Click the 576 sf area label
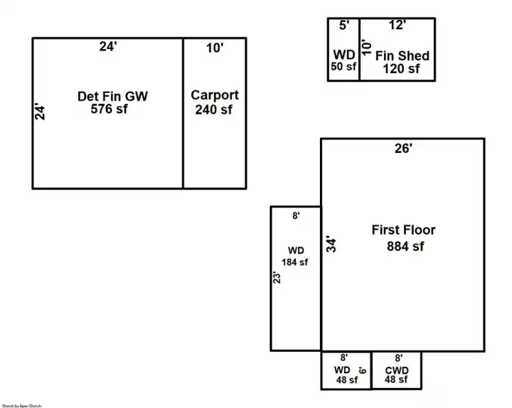coord(109,109)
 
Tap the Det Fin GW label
coord(112,96)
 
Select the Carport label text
coord(215,95)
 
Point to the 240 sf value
coord(215,109)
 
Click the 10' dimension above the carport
coord(215,48)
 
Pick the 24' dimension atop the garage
coord(107,48)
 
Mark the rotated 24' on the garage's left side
coord(41,112)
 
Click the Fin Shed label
coord(402,56)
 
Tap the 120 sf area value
coord(402,69)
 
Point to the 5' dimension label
coord(344,26)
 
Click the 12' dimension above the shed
coord(398,26)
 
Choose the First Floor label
coord(403,230)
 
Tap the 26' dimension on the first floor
coord(404,149)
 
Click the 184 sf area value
coord(295,262)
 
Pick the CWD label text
coord(396,370)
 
